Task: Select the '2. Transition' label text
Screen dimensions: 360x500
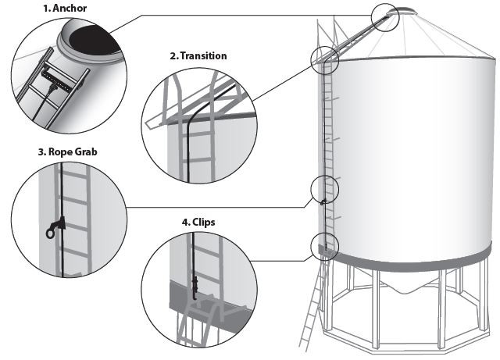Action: click(198, 56)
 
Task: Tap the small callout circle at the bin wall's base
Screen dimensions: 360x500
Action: click(323, 245)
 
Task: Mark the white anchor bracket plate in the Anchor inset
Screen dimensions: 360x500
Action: click(58, 79)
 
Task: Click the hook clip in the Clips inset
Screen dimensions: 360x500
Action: click(192, 285)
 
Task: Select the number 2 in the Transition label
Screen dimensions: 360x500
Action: click(173, 56)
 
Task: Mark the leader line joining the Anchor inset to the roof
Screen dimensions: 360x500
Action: click(234, 16)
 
